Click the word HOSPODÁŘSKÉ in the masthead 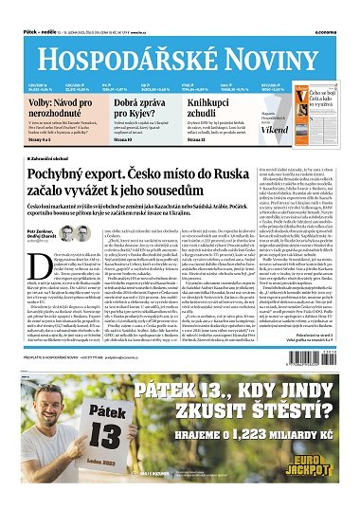pos(124,37)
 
